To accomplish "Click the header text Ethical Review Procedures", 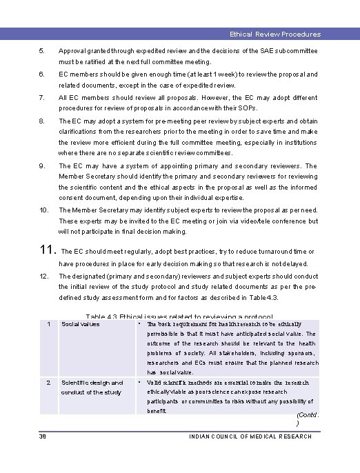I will tap(275, 34).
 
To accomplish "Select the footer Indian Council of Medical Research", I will tap(250, 436).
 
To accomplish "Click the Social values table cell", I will tap(80, 324).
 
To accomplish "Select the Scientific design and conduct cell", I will tap(92, 388).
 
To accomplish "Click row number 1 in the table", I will tap(48, 324).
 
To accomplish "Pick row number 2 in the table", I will tap(48, 383).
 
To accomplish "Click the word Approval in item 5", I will tap(72, 51).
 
